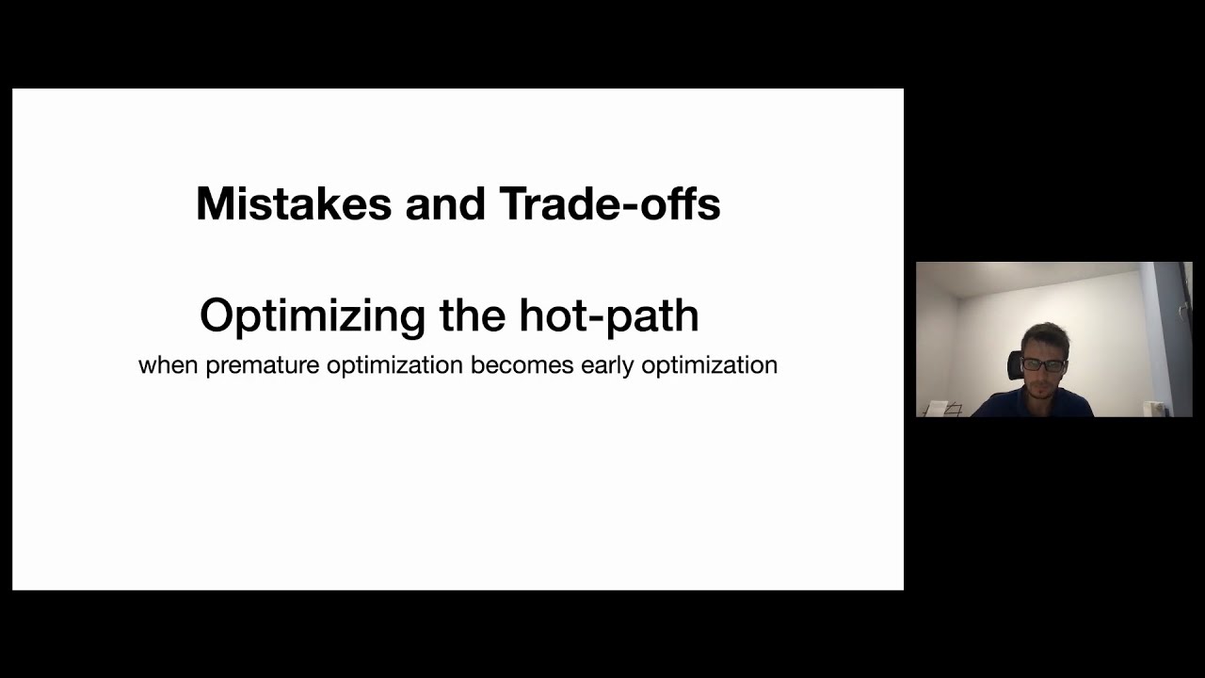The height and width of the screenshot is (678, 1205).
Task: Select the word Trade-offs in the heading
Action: [609, 204]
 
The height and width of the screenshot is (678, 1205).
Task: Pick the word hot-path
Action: [608, 315]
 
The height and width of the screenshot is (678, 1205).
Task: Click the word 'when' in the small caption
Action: [168, 365]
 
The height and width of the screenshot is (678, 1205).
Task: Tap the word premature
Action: [262, 365]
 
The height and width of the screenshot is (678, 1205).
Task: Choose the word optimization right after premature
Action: [394, 365]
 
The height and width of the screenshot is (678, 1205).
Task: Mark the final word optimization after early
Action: [709, 365]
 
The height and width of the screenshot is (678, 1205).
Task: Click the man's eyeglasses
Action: [1043, 364]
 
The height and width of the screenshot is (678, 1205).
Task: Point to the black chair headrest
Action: [1015, 365]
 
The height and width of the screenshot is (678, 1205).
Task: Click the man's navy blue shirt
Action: [1036, 405]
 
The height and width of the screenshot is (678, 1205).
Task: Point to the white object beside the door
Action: [1154, 407]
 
